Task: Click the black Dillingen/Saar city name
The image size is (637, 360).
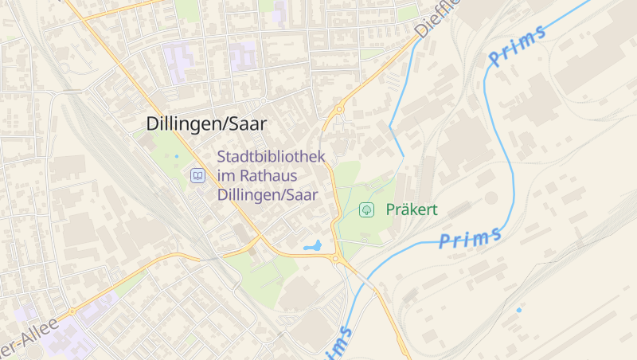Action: [206, 123]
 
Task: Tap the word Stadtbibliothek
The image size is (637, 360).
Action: [271, 156]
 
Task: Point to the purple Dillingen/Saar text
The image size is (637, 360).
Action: [267, 194]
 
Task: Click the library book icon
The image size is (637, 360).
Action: [197, 175]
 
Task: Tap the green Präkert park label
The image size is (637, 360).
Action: [412, 210]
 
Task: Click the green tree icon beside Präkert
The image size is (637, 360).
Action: [367, 210]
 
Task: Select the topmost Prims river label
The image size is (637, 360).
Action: [517, 45]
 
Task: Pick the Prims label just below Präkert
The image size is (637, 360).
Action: [471, 237]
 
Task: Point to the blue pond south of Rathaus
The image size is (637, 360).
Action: [312, 246]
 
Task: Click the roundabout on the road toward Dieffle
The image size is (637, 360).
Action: [339, 109]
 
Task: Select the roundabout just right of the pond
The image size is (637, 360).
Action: [337, 259]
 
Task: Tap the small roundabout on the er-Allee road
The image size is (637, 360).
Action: [72, 311]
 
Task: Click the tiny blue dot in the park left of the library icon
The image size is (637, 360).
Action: [177, 156]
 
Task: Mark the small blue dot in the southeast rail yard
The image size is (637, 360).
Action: [519, 309]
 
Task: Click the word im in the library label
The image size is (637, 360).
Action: [225, 175]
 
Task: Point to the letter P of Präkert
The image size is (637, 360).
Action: [390, 210]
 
